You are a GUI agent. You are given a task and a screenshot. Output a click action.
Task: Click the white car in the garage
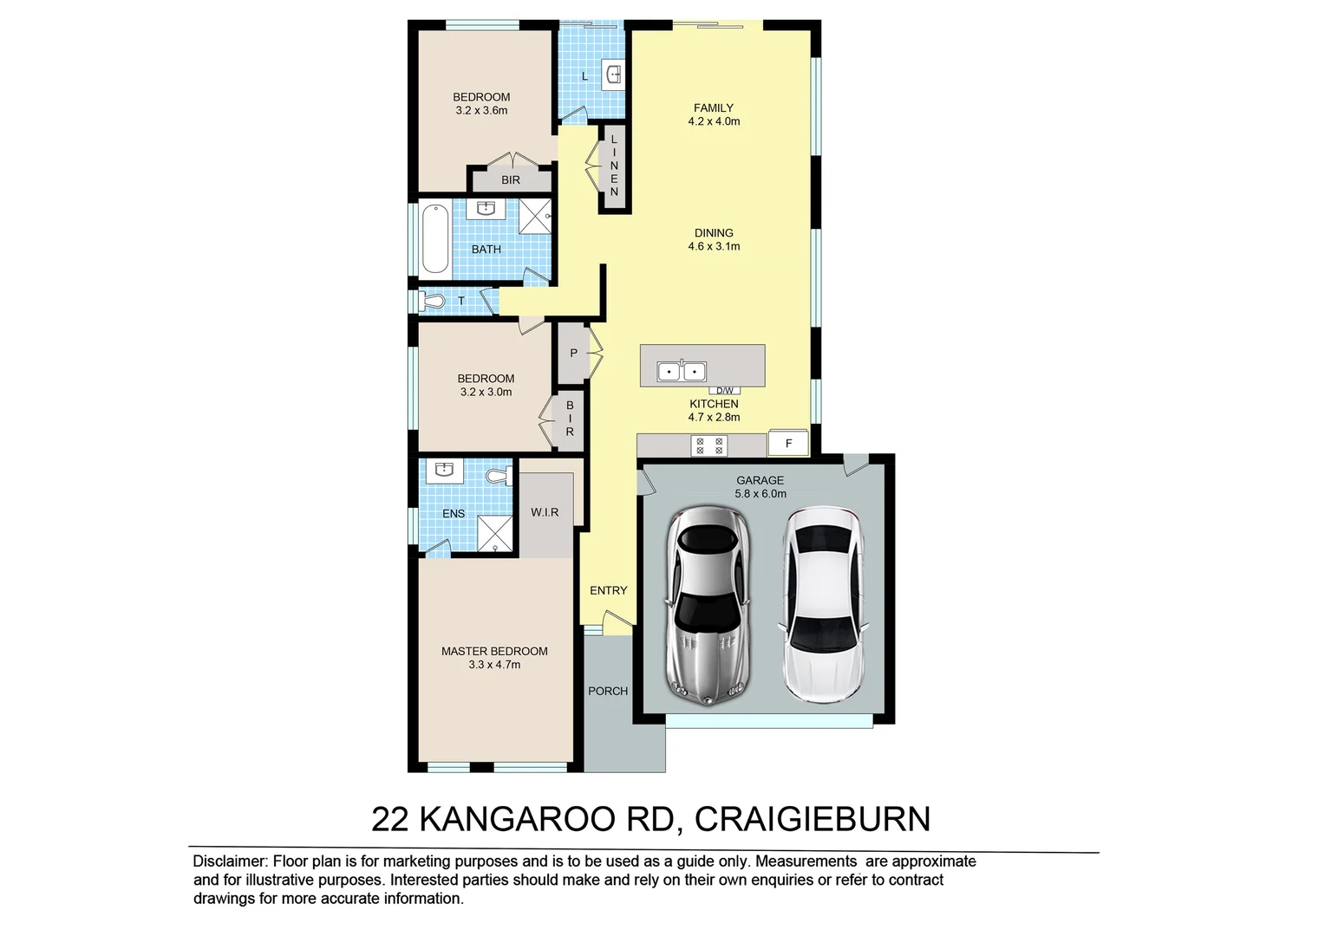[x=823, y=604]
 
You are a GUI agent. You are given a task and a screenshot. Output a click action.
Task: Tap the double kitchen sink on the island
[x=682, y=371]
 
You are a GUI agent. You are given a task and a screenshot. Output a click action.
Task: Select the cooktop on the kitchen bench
[x=709, y=445]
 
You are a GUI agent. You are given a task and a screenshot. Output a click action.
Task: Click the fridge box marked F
[x=789, y=443]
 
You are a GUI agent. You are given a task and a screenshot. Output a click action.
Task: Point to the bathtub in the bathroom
[x=434, y=237]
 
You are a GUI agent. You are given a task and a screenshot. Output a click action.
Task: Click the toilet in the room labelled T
[x=433, y=301]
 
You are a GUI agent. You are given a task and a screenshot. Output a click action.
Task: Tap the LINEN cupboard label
[x=614, y=166]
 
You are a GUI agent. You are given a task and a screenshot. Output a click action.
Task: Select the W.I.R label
[x=545, y=512]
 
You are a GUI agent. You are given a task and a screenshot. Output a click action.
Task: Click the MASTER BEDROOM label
[x=494, y=651]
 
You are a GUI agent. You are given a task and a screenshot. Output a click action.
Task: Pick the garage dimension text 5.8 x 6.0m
[x=760, y=494]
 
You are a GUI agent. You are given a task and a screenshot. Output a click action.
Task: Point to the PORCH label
[x=608, y=691]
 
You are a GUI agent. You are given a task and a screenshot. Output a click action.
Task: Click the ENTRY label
[x=608, y=590]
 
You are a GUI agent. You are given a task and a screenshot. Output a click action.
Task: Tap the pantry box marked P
[x=573, y=354]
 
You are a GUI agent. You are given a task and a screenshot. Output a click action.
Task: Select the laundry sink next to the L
[x=613, y=75]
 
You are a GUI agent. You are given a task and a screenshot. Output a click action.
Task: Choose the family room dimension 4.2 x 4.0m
[x=714, y=121]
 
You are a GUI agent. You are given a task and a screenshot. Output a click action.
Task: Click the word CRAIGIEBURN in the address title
[x=813, y=819]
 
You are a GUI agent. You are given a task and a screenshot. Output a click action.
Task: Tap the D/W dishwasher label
[x=724, y=390]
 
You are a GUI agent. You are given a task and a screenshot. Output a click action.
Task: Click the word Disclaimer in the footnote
[x=229, y=861]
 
